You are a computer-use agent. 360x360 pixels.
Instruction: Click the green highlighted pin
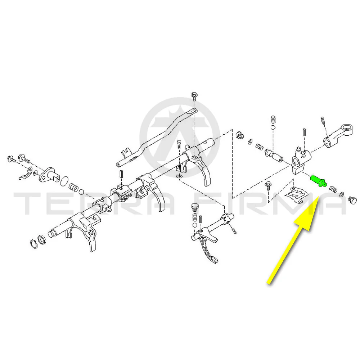pyautogui.click(x=319, y=181)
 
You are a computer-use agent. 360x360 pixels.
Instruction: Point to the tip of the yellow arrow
pyautogui.click(x=319, y=197)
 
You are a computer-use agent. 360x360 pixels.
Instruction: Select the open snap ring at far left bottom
pyautogui.click(x=34, y=244)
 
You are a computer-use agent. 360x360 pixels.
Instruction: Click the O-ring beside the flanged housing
pyautogui.click(x=64, y=181)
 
